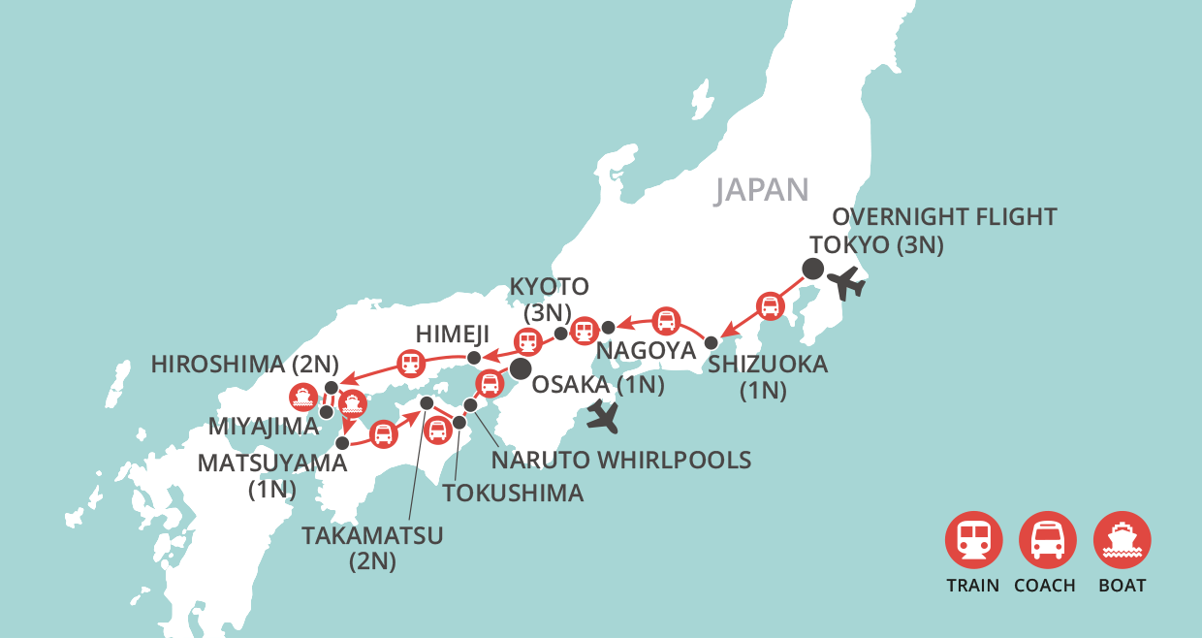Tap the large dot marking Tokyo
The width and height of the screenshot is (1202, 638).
click(x=812, y=270)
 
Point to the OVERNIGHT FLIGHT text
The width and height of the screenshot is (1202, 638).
click(x=944, y=216)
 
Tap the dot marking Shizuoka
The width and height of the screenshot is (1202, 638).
click(x=711, y=342)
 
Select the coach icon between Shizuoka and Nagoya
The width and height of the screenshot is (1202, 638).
click(x=666, y=320)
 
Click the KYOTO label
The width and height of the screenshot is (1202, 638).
click(x=550, y=286)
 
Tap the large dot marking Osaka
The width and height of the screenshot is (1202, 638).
click(x=521, y=368)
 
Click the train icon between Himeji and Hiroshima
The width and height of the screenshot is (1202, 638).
click(x=411, y=365)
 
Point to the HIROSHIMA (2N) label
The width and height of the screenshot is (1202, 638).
click(x=245, y=366)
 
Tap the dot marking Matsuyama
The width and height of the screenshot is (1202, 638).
click(x=341, y=442)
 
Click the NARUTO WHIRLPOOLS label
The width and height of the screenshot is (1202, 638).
click(x=621, y=460)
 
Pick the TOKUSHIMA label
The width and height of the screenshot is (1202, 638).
click(x=513, y=493)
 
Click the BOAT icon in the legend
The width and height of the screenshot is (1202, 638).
click(x=1122, y=539)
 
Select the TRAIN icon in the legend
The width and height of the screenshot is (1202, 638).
click(x=973, y=539)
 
